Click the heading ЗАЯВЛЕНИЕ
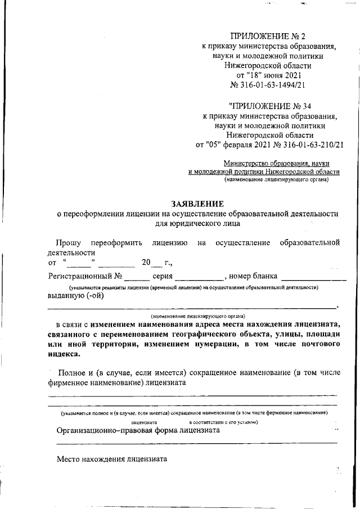tap(197, 204)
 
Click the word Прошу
tap(67, 242)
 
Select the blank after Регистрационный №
tap(137, 276)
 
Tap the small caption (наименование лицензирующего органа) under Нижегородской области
tap(276, 180)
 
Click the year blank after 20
tap(157, 263)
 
